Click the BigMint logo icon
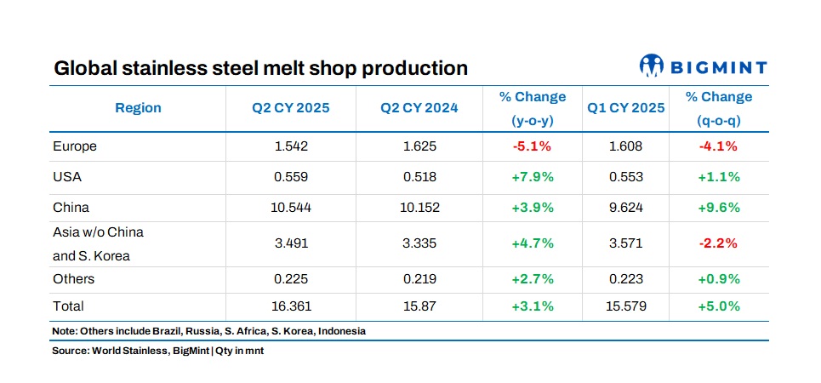pos(652,66)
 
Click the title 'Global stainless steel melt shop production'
pos(260,68)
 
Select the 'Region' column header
pos(138,108)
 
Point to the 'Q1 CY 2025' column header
pos(626,108)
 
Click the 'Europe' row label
pos(75,146)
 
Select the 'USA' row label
pos(67,177)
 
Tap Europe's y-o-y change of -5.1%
pos(533,146)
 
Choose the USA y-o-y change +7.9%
pos(533,177)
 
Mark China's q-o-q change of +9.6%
pos(719,208)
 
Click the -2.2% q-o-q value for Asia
pos(719,243)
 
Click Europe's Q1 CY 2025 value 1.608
pos(626,146)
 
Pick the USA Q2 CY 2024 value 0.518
pos(419,177)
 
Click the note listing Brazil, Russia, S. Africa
pos(209,331)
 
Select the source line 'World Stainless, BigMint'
pos(157,351)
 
